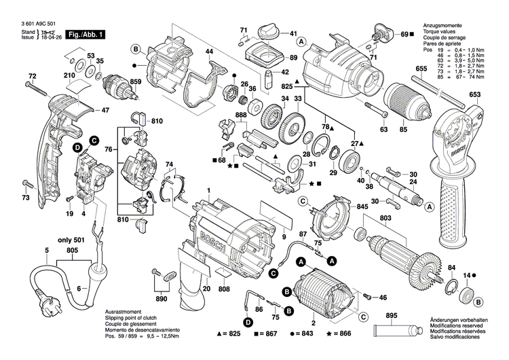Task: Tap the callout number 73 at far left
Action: (x=26, y=198)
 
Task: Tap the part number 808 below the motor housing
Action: (x=224, y=290)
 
